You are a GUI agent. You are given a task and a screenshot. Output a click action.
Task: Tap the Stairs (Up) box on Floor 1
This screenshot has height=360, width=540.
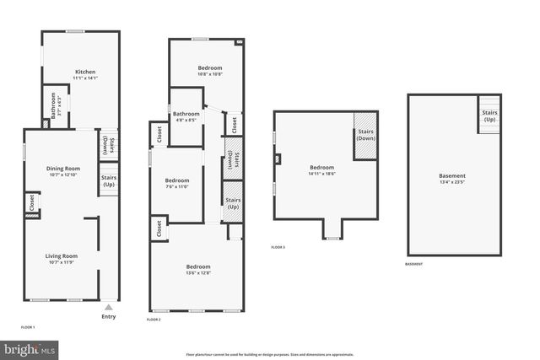click(x=109, y=181)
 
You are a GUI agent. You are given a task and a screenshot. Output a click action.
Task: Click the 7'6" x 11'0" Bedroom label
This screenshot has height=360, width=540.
click(x=177, y=180)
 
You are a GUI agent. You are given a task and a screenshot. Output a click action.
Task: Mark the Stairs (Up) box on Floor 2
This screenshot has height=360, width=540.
click(x=233, y=203)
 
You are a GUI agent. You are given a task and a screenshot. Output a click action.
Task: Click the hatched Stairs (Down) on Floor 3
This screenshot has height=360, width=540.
click(x=364, y=134)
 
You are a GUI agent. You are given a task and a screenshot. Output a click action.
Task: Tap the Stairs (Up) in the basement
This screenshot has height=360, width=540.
click(x=489, y=116)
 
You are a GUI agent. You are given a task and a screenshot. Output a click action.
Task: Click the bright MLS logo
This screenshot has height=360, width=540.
click(x=30, y=347)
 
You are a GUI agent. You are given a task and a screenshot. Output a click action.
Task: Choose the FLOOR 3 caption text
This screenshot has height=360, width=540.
click(x=278, y=247)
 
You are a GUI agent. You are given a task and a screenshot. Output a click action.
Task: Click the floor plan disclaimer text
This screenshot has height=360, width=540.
click(x=269, y=355)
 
